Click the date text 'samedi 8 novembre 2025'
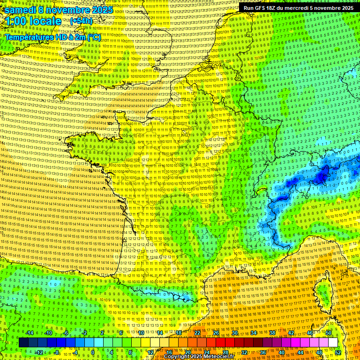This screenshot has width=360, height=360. click(59, 10)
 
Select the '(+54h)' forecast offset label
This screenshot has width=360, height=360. click(81, 21)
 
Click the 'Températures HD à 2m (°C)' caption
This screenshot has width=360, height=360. click(52, 37)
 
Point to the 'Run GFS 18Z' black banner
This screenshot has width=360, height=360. click(298, 8)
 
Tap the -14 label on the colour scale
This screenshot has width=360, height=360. click(30, 333)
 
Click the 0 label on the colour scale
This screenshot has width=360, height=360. click(93, 352)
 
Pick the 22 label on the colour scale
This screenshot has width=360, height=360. click(197, 333)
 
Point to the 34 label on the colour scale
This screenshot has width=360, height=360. click(253, 333)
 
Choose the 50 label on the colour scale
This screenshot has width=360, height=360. click(328, 333)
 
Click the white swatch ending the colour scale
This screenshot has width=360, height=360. click(333, 343)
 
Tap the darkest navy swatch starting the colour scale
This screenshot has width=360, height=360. click(23, 343)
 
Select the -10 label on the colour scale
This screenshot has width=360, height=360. click(49, 333)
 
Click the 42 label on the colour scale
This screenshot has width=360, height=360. click(291, 333)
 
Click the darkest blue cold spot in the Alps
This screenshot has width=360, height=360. click(322, 176)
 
